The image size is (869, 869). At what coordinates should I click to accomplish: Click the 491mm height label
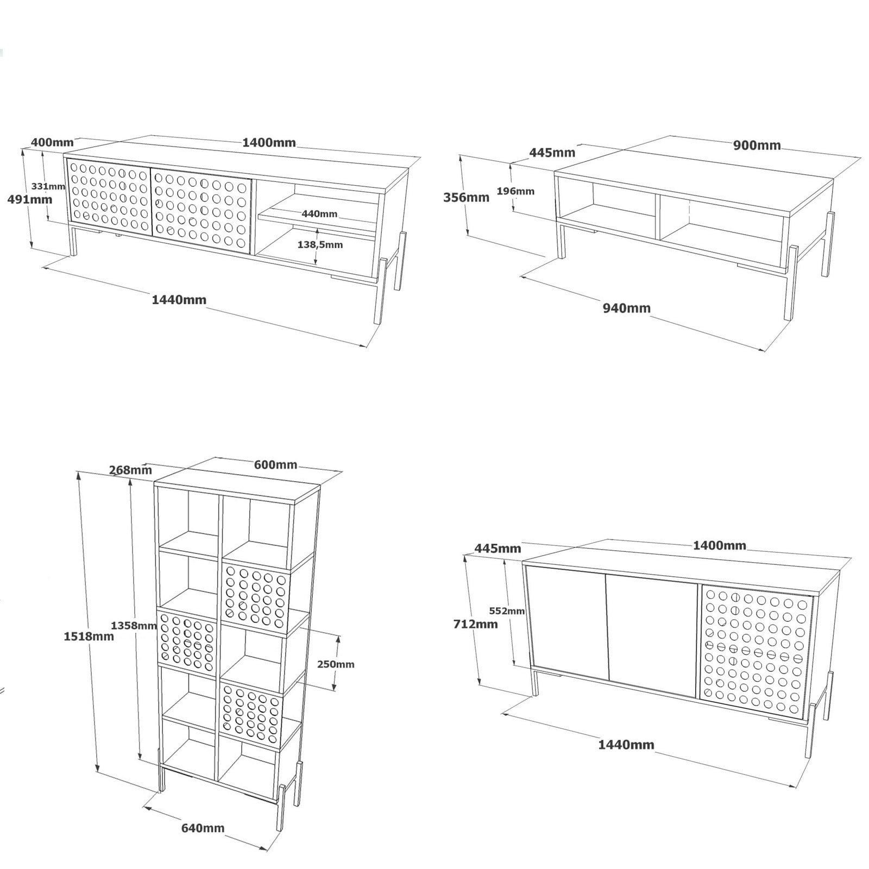pos(30,199)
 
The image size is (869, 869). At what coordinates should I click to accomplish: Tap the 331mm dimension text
pos(48,186)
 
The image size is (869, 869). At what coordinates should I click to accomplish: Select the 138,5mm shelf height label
pos(320,244)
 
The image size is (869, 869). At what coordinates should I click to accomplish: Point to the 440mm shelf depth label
pos(319,214)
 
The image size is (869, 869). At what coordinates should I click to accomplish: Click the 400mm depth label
pos(52,142)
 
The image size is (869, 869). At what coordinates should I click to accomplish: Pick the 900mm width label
pos(757,145)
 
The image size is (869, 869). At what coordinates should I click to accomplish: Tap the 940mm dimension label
pos(626,308)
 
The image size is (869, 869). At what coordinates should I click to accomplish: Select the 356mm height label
pos(466,197)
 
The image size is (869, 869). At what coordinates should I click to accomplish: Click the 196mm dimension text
pos(515,191)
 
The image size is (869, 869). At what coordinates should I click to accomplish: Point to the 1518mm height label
pos(89,636)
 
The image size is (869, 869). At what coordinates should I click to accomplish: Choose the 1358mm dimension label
pos(134,625)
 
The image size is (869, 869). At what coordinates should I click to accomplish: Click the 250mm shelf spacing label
pos(336,664)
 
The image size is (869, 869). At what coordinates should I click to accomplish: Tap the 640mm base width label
pos(203,828)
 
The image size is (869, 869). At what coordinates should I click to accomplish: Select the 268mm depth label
pos(130,470)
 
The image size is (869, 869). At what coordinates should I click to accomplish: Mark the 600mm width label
pos(275,465)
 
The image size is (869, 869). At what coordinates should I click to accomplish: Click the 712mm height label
pos(475,624)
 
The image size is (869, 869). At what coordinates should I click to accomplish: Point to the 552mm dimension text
pos(507,610)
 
